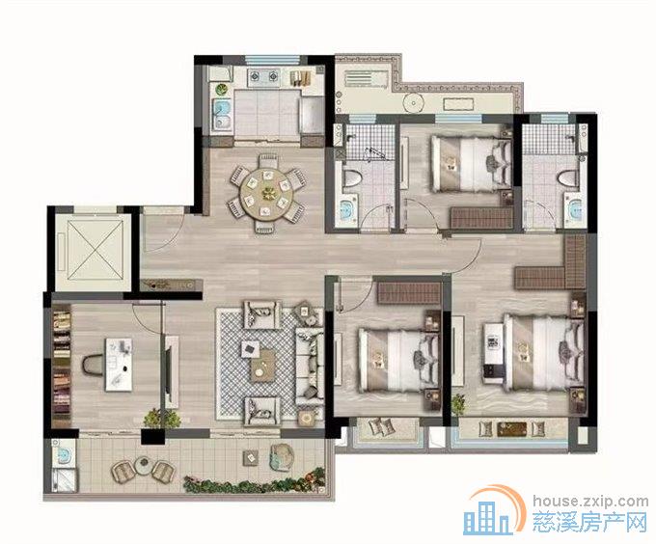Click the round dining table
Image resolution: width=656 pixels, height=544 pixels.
tap(266, 193)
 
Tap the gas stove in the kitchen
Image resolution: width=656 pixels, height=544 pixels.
tap(264, 77)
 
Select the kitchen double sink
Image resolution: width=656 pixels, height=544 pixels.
tap(223, 116)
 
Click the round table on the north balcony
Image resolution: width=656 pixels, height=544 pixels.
tap(414, 103)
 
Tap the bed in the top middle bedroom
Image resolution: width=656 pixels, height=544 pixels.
tap(472, 164)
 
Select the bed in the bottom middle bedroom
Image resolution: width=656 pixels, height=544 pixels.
tap(399, 361)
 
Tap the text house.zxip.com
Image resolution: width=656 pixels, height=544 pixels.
tap(590, 501)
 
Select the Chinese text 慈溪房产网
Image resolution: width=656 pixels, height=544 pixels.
tap(589, 523)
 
